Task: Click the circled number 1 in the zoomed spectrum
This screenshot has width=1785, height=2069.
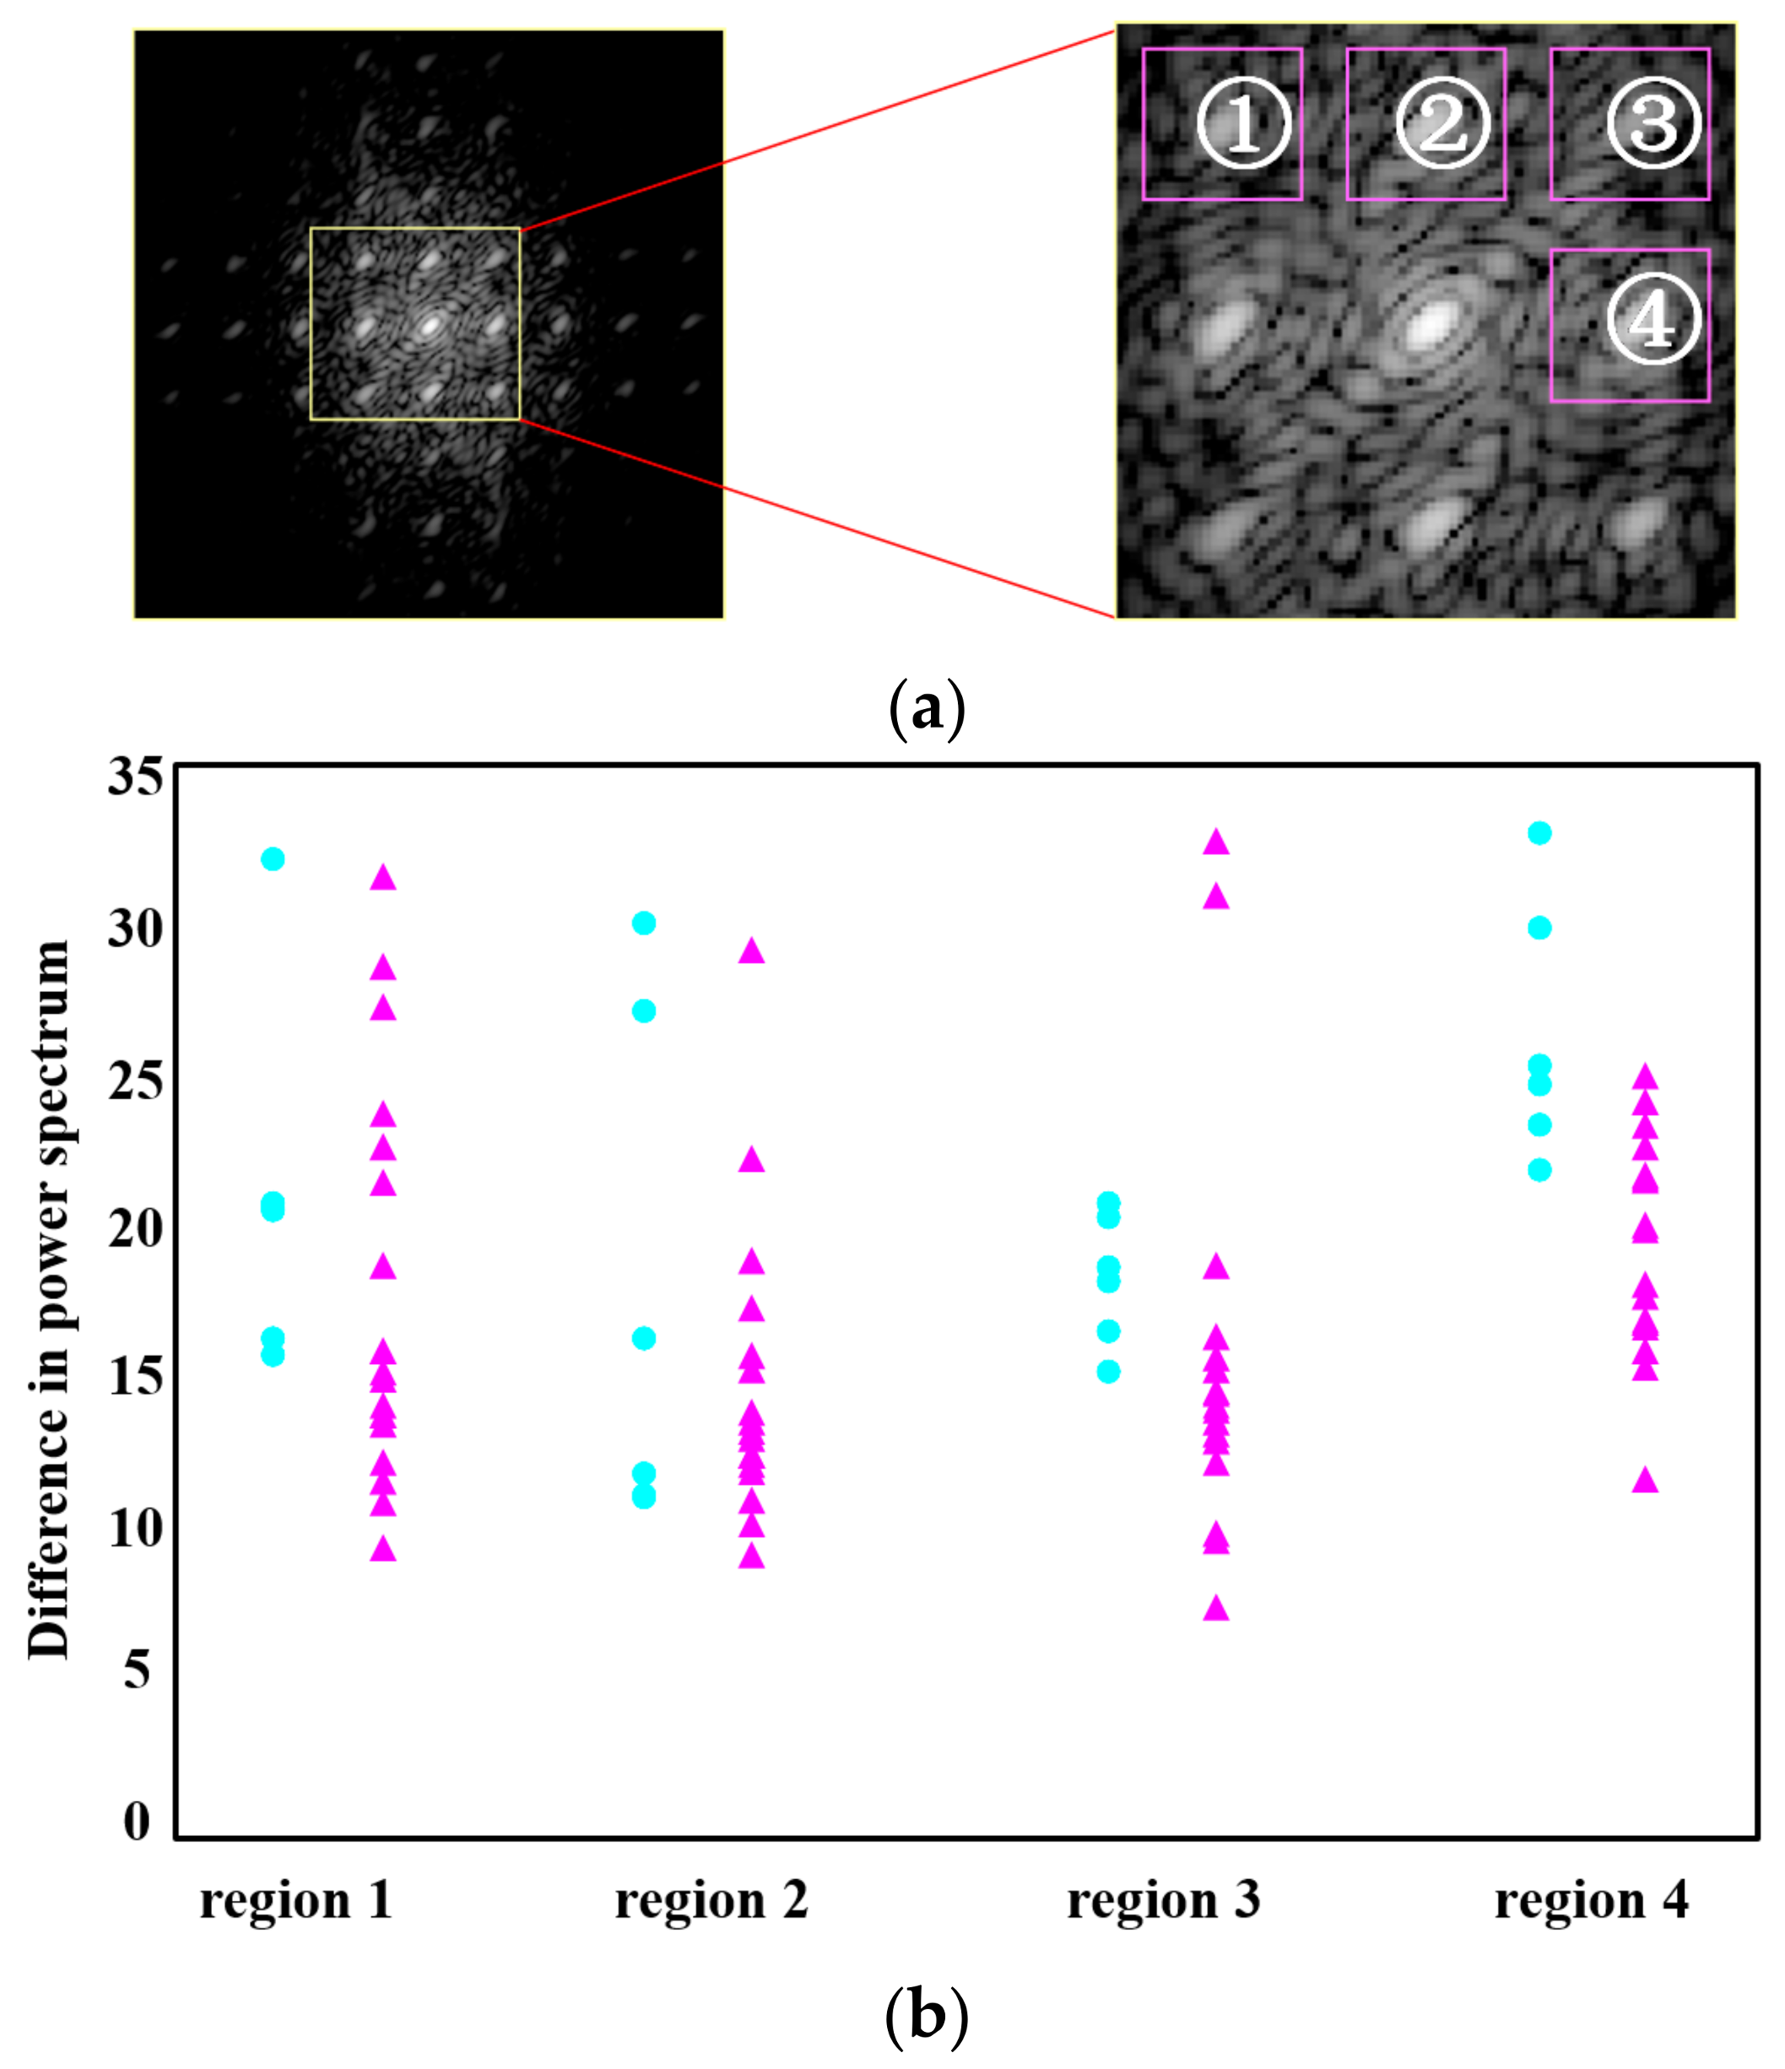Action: tap(1243, 124)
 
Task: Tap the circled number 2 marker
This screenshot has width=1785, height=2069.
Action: tap(1442, 124)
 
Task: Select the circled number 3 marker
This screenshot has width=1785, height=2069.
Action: tap(1653, 124)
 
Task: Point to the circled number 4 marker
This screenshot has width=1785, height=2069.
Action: tap(1653, 320)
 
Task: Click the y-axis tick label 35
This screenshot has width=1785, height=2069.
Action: tap(135, 776)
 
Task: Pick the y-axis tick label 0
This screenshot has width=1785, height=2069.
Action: tap(137, 1822)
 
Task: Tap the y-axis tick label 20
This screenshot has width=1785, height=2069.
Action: tap(135, 1227)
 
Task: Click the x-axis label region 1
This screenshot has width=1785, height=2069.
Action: tap(295, 1899)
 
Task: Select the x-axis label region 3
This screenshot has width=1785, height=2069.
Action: tap(1163, 1899)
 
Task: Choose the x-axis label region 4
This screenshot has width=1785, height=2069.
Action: tap(1592, 1899)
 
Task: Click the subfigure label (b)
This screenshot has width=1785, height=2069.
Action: tap(926, 2017)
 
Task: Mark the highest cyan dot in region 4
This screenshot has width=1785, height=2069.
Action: tap(1539, 833)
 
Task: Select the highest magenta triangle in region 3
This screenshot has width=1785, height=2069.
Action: tap(1215, 842)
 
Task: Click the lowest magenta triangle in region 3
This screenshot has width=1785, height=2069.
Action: tap(1215, 1607)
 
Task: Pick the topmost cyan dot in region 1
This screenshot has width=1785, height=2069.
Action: tap(273, 858)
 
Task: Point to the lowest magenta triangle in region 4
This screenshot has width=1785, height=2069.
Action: tap(1644, 1481)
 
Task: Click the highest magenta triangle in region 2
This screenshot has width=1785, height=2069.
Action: tap(751, 951)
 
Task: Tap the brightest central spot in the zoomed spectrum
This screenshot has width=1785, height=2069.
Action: tap(1431, 324)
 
